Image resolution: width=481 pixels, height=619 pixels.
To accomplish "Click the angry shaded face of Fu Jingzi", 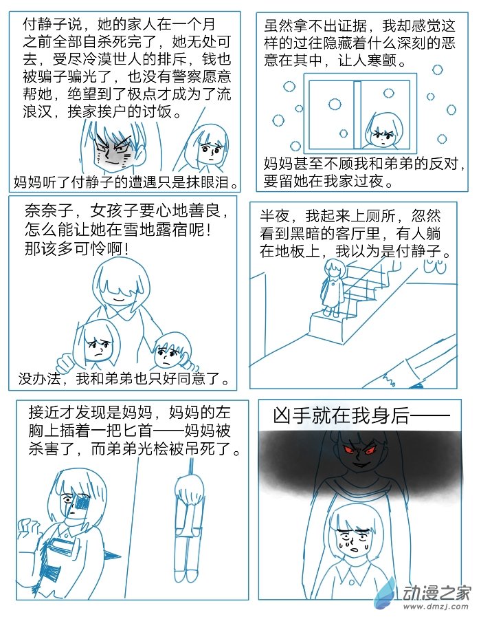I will click(113, 149).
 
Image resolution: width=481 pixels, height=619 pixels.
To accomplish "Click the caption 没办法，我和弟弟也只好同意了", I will click(124, 379).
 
